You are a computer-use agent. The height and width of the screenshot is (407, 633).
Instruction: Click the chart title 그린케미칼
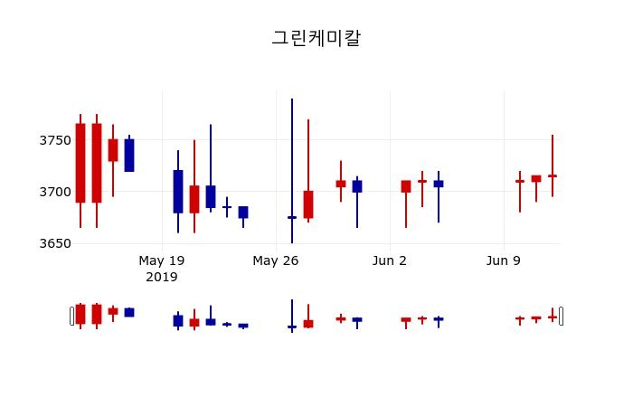click(x=316, y=38)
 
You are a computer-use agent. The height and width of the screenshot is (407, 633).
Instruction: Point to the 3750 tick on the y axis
click(x=55, y=140)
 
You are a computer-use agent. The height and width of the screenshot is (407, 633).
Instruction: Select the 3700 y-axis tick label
click(x=55, y=192)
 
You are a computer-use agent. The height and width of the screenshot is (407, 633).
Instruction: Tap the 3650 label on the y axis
click(x=55, y=243)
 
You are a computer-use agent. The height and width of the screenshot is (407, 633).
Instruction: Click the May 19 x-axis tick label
click(x=162, y=260)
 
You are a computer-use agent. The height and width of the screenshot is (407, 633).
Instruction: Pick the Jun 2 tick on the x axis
click(x=390, y=260)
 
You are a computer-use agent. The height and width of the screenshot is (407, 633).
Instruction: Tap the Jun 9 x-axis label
click(x=504, y=260)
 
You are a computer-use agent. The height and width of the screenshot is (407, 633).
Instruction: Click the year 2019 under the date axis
click(x=162, y=276)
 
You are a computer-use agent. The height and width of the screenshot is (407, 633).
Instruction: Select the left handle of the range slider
click(x=72, y=316)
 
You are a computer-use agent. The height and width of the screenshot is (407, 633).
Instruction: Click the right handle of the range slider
click(x=561, y=316)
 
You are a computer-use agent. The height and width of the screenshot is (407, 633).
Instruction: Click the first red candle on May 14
click(x=80, y=163)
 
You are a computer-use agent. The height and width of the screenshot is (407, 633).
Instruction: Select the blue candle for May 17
click(x=129, y=155)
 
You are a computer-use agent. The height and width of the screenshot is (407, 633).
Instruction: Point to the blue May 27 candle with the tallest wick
click(x=292, y=217)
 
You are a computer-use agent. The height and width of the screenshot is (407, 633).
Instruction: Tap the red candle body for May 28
click(x=308, y=204)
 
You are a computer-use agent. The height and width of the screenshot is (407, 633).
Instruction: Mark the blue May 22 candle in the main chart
click(x=211, y=196)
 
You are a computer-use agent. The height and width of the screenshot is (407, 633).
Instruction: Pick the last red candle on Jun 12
click(x=553, y=175)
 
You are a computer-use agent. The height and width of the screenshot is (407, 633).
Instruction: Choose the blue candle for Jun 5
click(x=439, y=184)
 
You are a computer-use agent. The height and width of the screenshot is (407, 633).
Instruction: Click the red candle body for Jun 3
click(x=406, y=186)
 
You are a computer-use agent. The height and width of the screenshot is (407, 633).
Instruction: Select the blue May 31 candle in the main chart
click(x=357, y=186)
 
